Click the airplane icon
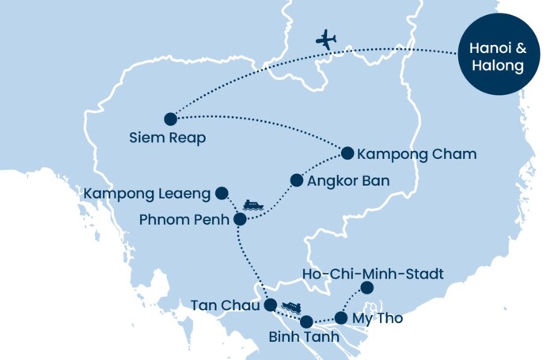(x=325, y=39)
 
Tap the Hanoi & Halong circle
(x=498, y=55)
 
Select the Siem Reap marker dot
(x=170, y=119)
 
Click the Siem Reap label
(x=167, y=138)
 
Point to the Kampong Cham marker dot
(x=347, y=153)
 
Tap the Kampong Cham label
(x=417, y=153)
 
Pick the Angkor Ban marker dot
(x=297, y=180)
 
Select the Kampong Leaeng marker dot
(x=222, y=192)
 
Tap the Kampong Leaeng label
(x=147, y=192)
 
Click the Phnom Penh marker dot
(x=240, y=218)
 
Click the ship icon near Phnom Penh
(x=253, y=205)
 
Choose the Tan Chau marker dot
(x=270, y=305)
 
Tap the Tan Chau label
(x=224, y=305)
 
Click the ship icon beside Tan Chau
(x=290, y=306)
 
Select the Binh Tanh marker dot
(x=307, y=321)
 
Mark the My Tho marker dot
(x=340, y=318)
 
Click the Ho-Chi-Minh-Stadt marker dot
(x=366, y=287)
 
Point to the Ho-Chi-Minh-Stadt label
(x=373, y=274)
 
